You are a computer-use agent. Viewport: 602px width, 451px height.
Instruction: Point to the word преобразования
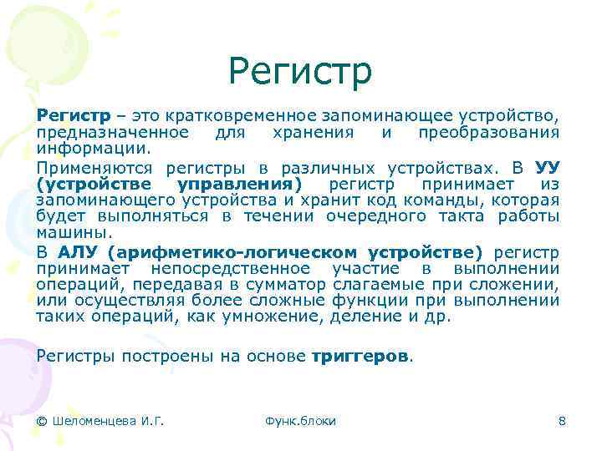(x=488, y=133)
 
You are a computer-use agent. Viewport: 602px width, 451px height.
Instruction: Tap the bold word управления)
(x=242, y=184)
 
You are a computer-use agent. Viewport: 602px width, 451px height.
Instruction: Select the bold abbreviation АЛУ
(x=79, y=251)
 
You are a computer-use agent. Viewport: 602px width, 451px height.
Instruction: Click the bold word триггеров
(x=360, y=355)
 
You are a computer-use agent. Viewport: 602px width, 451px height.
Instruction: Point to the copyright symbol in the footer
(x=42, y=421)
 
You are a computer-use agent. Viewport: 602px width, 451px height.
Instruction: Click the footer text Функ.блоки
(x=299, y=421)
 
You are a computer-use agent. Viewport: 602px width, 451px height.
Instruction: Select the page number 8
(x=562, y=421)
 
